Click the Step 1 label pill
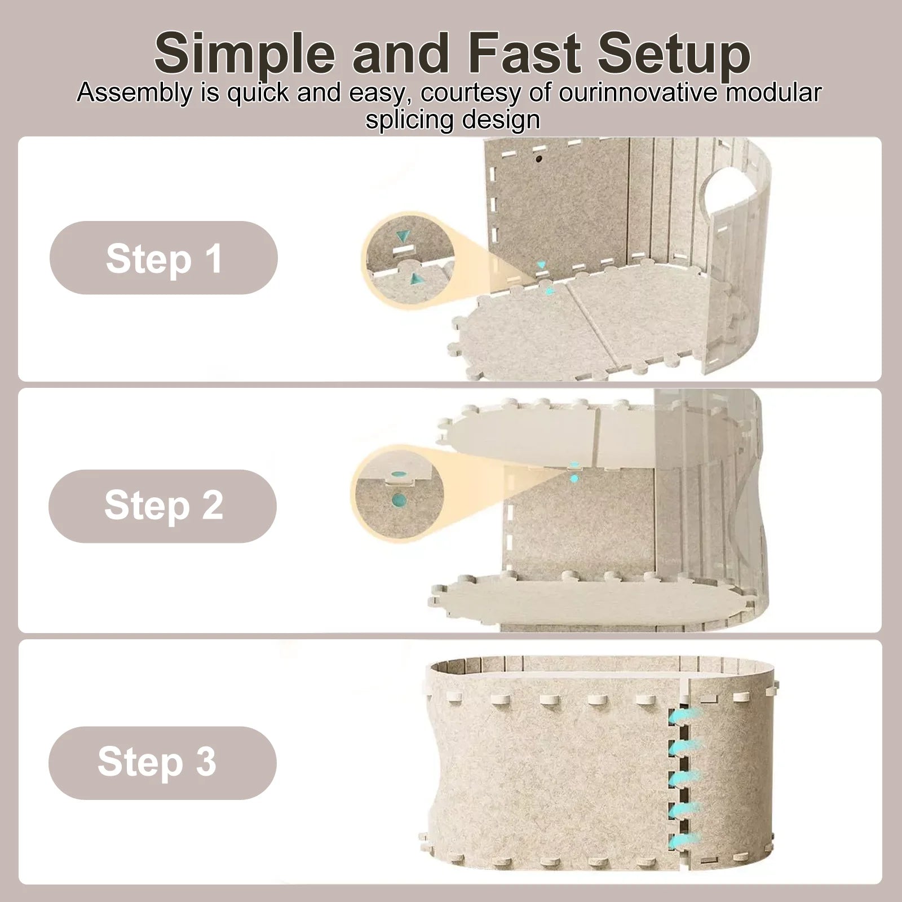163,258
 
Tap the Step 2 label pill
162,506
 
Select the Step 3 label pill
162,763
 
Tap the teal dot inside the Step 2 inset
399,499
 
